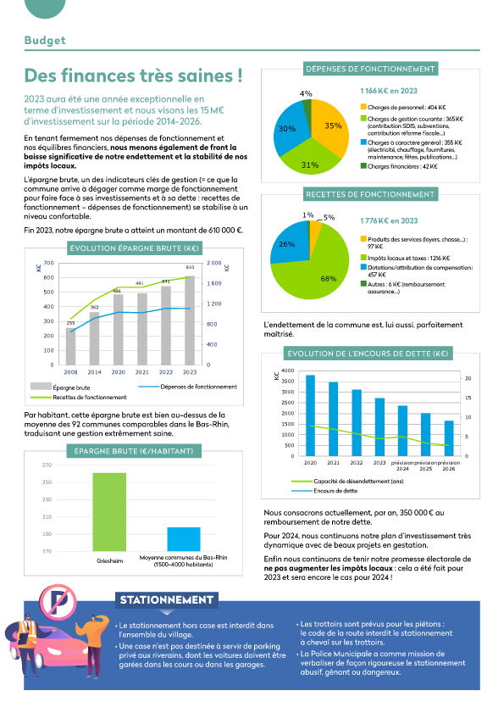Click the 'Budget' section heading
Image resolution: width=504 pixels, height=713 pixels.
(45, 40)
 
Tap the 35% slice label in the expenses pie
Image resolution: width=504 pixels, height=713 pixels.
(332, 125)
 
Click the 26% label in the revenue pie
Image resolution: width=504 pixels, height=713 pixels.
(286, 244)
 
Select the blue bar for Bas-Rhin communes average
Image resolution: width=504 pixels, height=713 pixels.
(183, 539)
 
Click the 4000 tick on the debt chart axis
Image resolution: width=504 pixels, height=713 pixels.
(285, 371)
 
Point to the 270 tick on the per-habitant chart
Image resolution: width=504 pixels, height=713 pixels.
(47, 465)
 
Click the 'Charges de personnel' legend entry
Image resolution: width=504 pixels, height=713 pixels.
(400, 108)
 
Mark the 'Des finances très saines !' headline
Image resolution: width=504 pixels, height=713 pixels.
(133, 76)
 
